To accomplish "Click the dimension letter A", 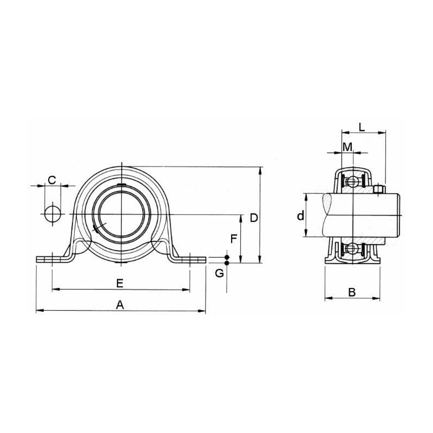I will coord(120,305).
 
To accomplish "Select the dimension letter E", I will coord(120,283).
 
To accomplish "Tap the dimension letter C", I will coord(52,180).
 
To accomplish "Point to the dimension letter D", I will coord(253,218).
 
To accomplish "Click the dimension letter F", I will coord(233,239).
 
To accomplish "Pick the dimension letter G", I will coord(219,273).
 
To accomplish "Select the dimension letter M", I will coord(347,147).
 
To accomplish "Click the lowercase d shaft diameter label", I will coord(299,216).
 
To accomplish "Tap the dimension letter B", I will coord(351,292).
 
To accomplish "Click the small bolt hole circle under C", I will coord(53,214).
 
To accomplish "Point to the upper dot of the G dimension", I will coord(227,257).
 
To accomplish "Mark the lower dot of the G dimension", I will coord(227,263).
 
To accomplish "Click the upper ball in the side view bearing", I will coord(352,181).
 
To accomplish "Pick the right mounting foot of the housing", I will coord(191,259).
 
